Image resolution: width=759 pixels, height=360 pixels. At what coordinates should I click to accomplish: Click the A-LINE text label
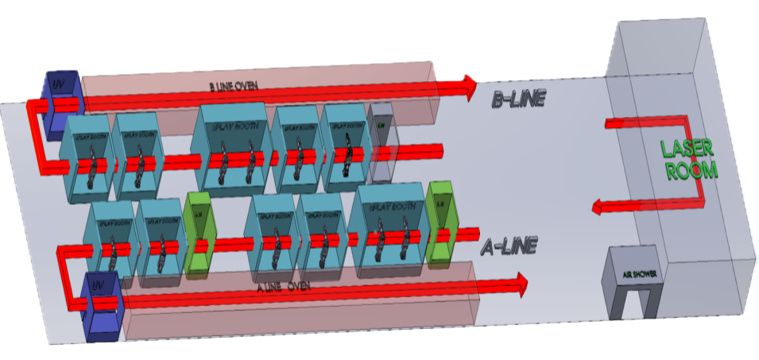pos(508,247)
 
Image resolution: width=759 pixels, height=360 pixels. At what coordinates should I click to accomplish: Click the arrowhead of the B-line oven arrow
pos(469,83)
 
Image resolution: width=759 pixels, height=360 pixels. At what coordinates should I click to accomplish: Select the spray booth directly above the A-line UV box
pos(111,238)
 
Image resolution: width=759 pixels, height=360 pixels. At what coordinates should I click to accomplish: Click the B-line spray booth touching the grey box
pos(344,146)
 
